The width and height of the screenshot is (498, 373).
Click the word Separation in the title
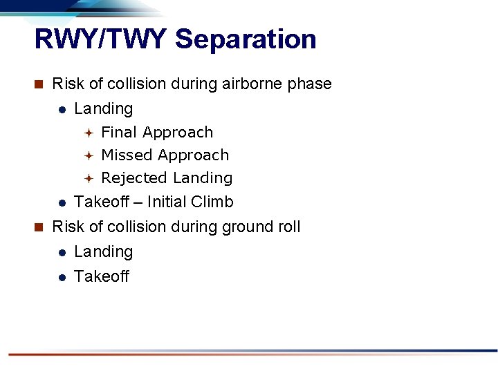(246, 39)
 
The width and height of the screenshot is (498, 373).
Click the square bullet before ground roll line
(39, 227)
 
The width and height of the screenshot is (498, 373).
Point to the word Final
(119, 132)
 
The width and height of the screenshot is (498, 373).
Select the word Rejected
(134, 178)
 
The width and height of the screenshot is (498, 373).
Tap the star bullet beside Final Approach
(89, 133)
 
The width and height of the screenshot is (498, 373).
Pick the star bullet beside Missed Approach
(89, 155)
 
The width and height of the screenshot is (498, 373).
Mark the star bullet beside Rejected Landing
(89, 178)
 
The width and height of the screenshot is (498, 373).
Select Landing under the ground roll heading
(103, 252)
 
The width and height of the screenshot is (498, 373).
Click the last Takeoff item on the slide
(101, 276)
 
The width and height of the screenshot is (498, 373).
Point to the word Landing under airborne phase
(103, 109)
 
